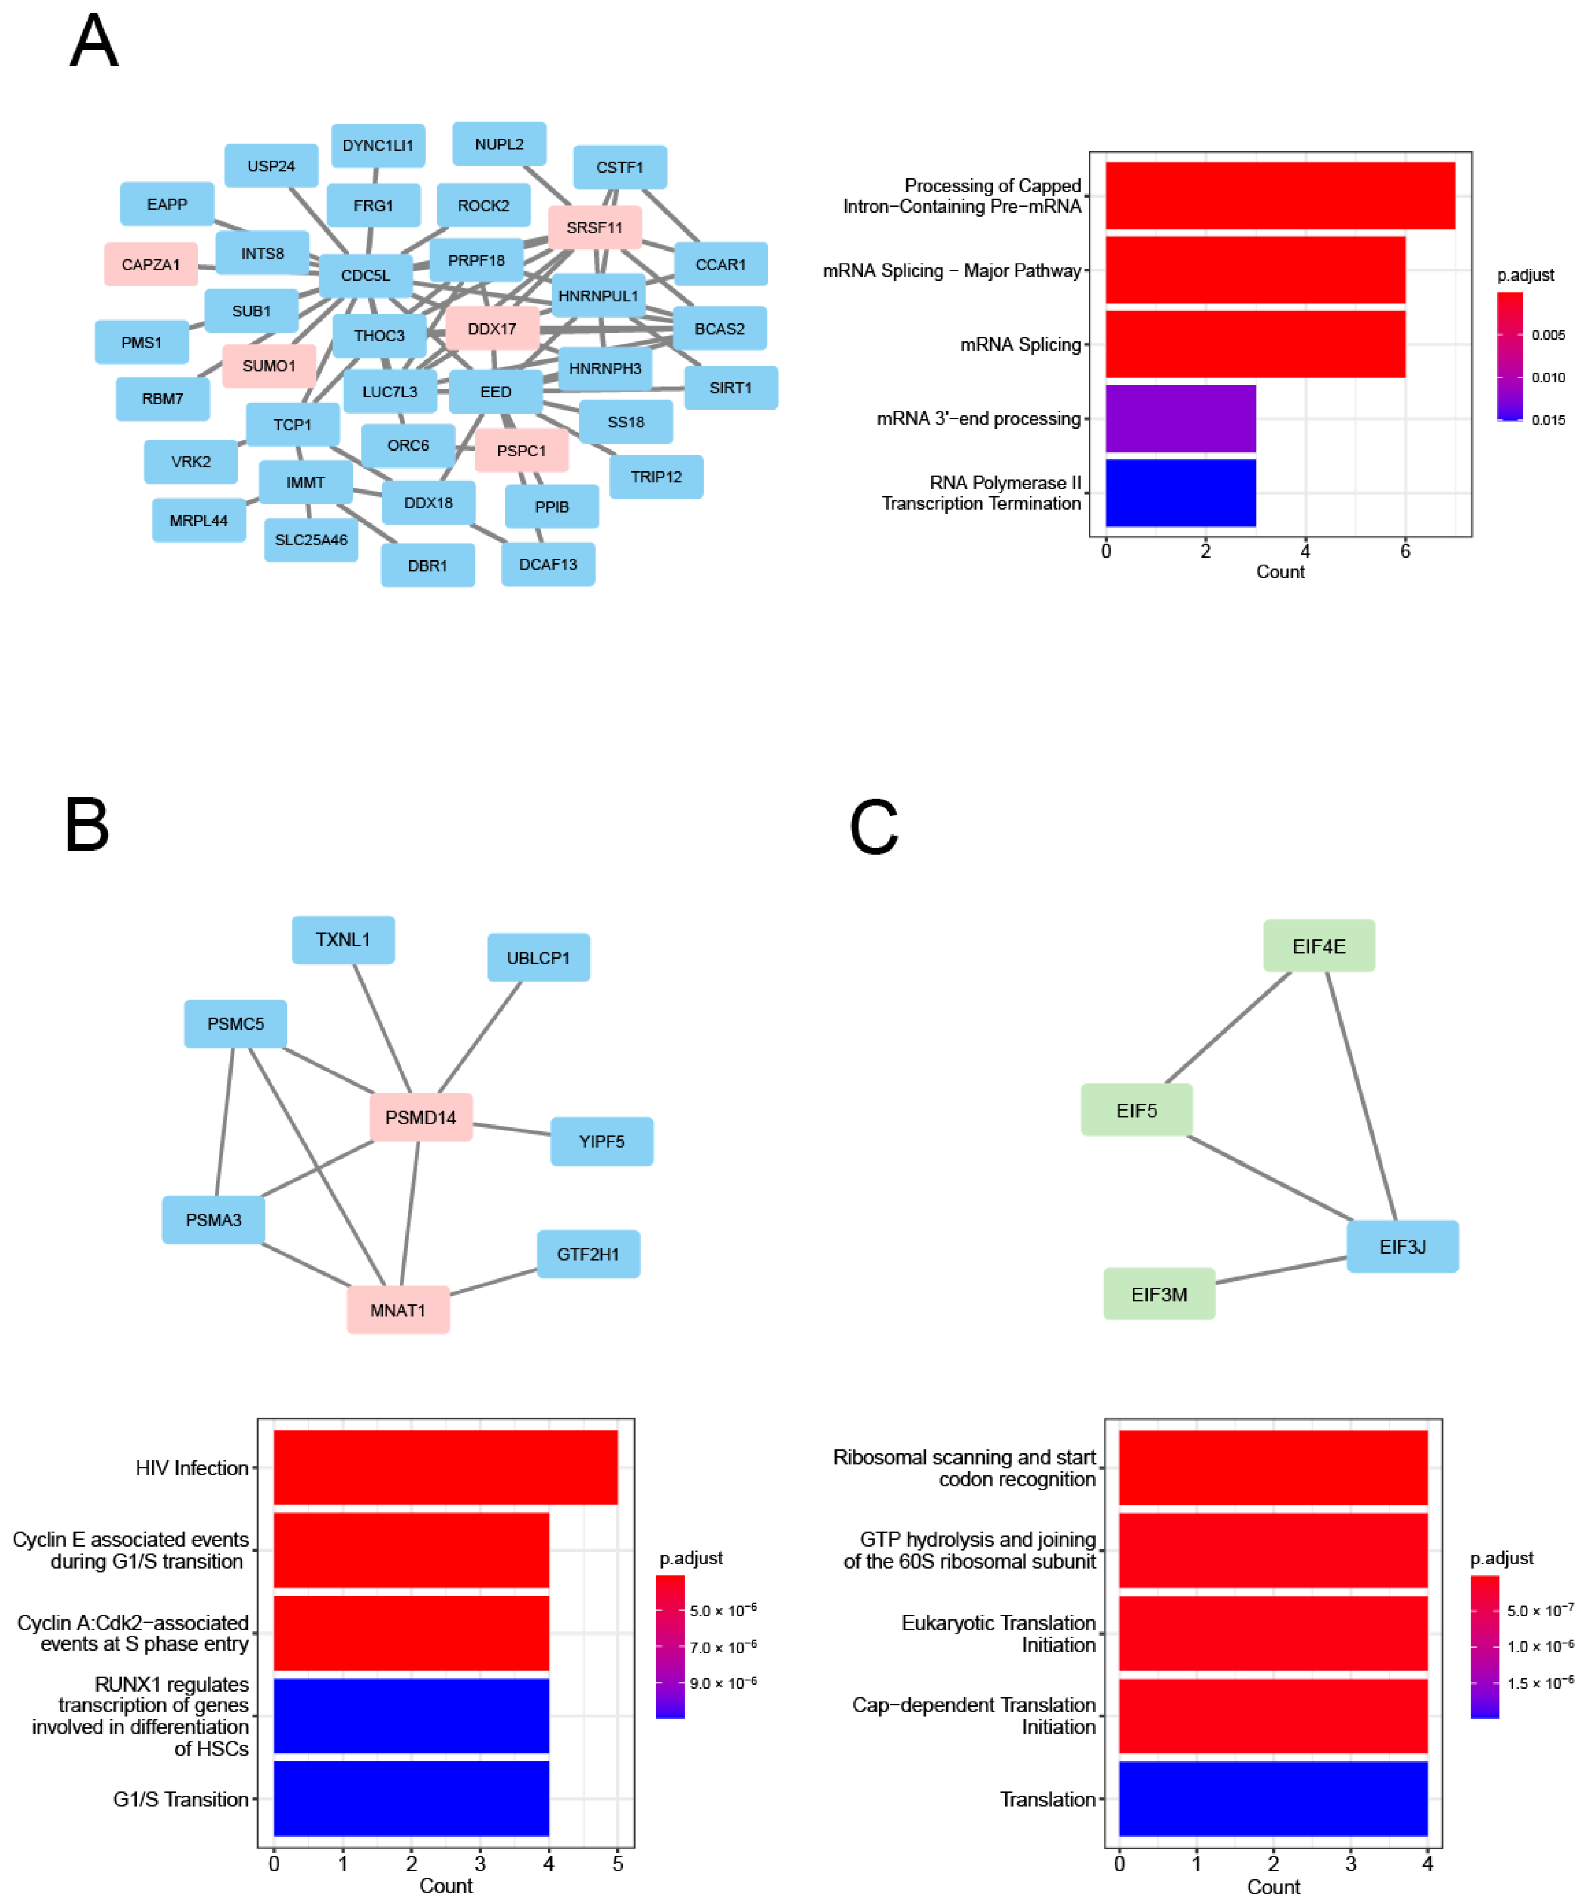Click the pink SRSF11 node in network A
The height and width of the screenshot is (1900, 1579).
pos(594,227)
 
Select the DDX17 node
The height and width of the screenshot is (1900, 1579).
pos(492,329)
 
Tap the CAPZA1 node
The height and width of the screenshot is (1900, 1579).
pos(151,264)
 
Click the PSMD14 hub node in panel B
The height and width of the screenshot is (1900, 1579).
pos(421,1117)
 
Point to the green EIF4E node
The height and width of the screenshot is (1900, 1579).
pos(1318,946)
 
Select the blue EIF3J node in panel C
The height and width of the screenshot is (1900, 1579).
pos(1402,1247)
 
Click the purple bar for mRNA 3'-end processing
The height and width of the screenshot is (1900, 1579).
pos(1180,418)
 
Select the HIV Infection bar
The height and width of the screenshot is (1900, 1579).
pos(445,1467)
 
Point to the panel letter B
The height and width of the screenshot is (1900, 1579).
pos(87,825)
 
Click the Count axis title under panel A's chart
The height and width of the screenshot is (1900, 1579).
pos(1279,572)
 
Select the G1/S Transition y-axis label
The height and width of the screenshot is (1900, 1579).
pos(180,1799)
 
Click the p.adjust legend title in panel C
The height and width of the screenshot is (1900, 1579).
pos(1501,1558)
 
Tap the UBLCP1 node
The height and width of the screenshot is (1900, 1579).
pos(538,957)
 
